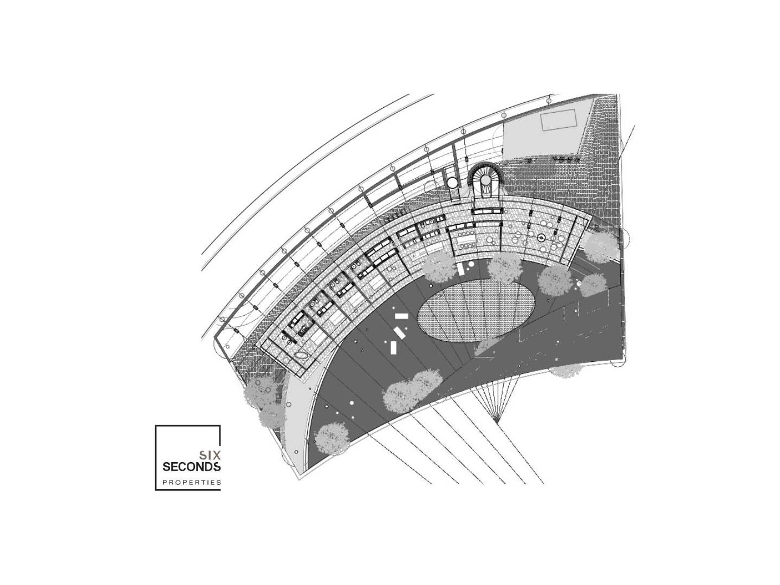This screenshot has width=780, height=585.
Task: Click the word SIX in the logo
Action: tap(209, 454)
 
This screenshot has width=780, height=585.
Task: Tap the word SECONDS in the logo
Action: tap(192, 466)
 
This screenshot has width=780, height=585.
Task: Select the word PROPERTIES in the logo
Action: tap(192, 482)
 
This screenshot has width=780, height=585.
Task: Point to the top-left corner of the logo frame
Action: tap(155, 426)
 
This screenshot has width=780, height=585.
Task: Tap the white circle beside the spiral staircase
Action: tap(452, 183)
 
